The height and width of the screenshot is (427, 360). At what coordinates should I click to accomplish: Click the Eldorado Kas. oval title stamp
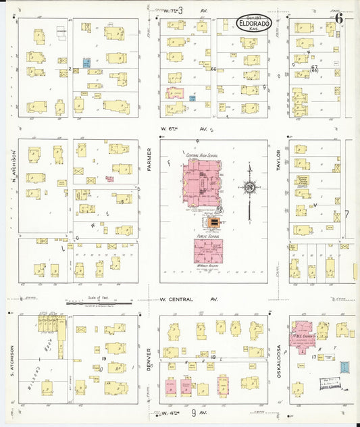point(255,24)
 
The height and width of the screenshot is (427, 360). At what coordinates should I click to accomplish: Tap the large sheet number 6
point(339,18)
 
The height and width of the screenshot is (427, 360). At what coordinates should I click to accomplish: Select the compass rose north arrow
point(249,185)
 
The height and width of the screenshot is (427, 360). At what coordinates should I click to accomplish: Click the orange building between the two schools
point(214,222)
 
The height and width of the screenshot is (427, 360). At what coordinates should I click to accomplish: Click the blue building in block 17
point(344,368)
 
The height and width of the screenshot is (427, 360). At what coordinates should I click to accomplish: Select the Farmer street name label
point(149,159)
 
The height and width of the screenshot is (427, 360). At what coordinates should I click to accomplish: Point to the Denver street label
point(149,358)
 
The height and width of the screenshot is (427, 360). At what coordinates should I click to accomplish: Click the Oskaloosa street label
point(278,358)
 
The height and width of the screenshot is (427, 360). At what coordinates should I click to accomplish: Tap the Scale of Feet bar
point(99,303)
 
